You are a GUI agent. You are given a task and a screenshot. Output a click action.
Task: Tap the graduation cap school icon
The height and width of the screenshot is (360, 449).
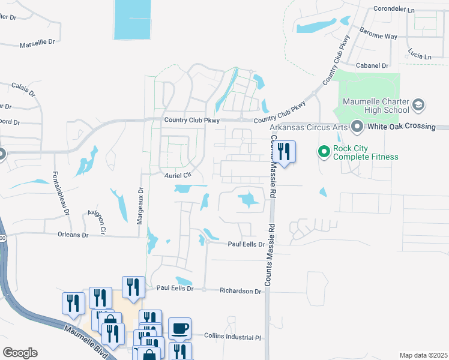pos(418,106)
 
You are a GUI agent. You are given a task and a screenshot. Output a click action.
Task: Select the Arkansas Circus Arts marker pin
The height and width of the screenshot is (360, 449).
pos(358,127)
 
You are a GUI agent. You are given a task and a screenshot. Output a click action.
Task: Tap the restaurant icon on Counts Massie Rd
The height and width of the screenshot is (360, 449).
pos(284,152)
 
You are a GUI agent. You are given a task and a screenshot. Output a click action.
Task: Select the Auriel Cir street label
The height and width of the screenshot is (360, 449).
pos(178,175)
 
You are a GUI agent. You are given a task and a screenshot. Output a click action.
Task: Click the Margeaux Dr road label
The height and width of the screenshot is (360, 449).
pos(140,205)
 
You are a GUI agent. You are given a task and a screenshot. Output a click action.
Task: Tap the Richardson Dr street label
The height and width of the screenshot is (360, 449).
pos(241,291)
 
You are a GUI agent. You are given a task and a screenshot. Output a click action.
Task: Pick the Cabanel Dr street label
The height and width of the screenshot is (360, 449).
pos(372,65)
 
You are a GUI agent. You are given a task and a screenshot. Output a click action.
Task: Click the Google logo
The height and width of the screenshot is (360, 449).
pos(20,353)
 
